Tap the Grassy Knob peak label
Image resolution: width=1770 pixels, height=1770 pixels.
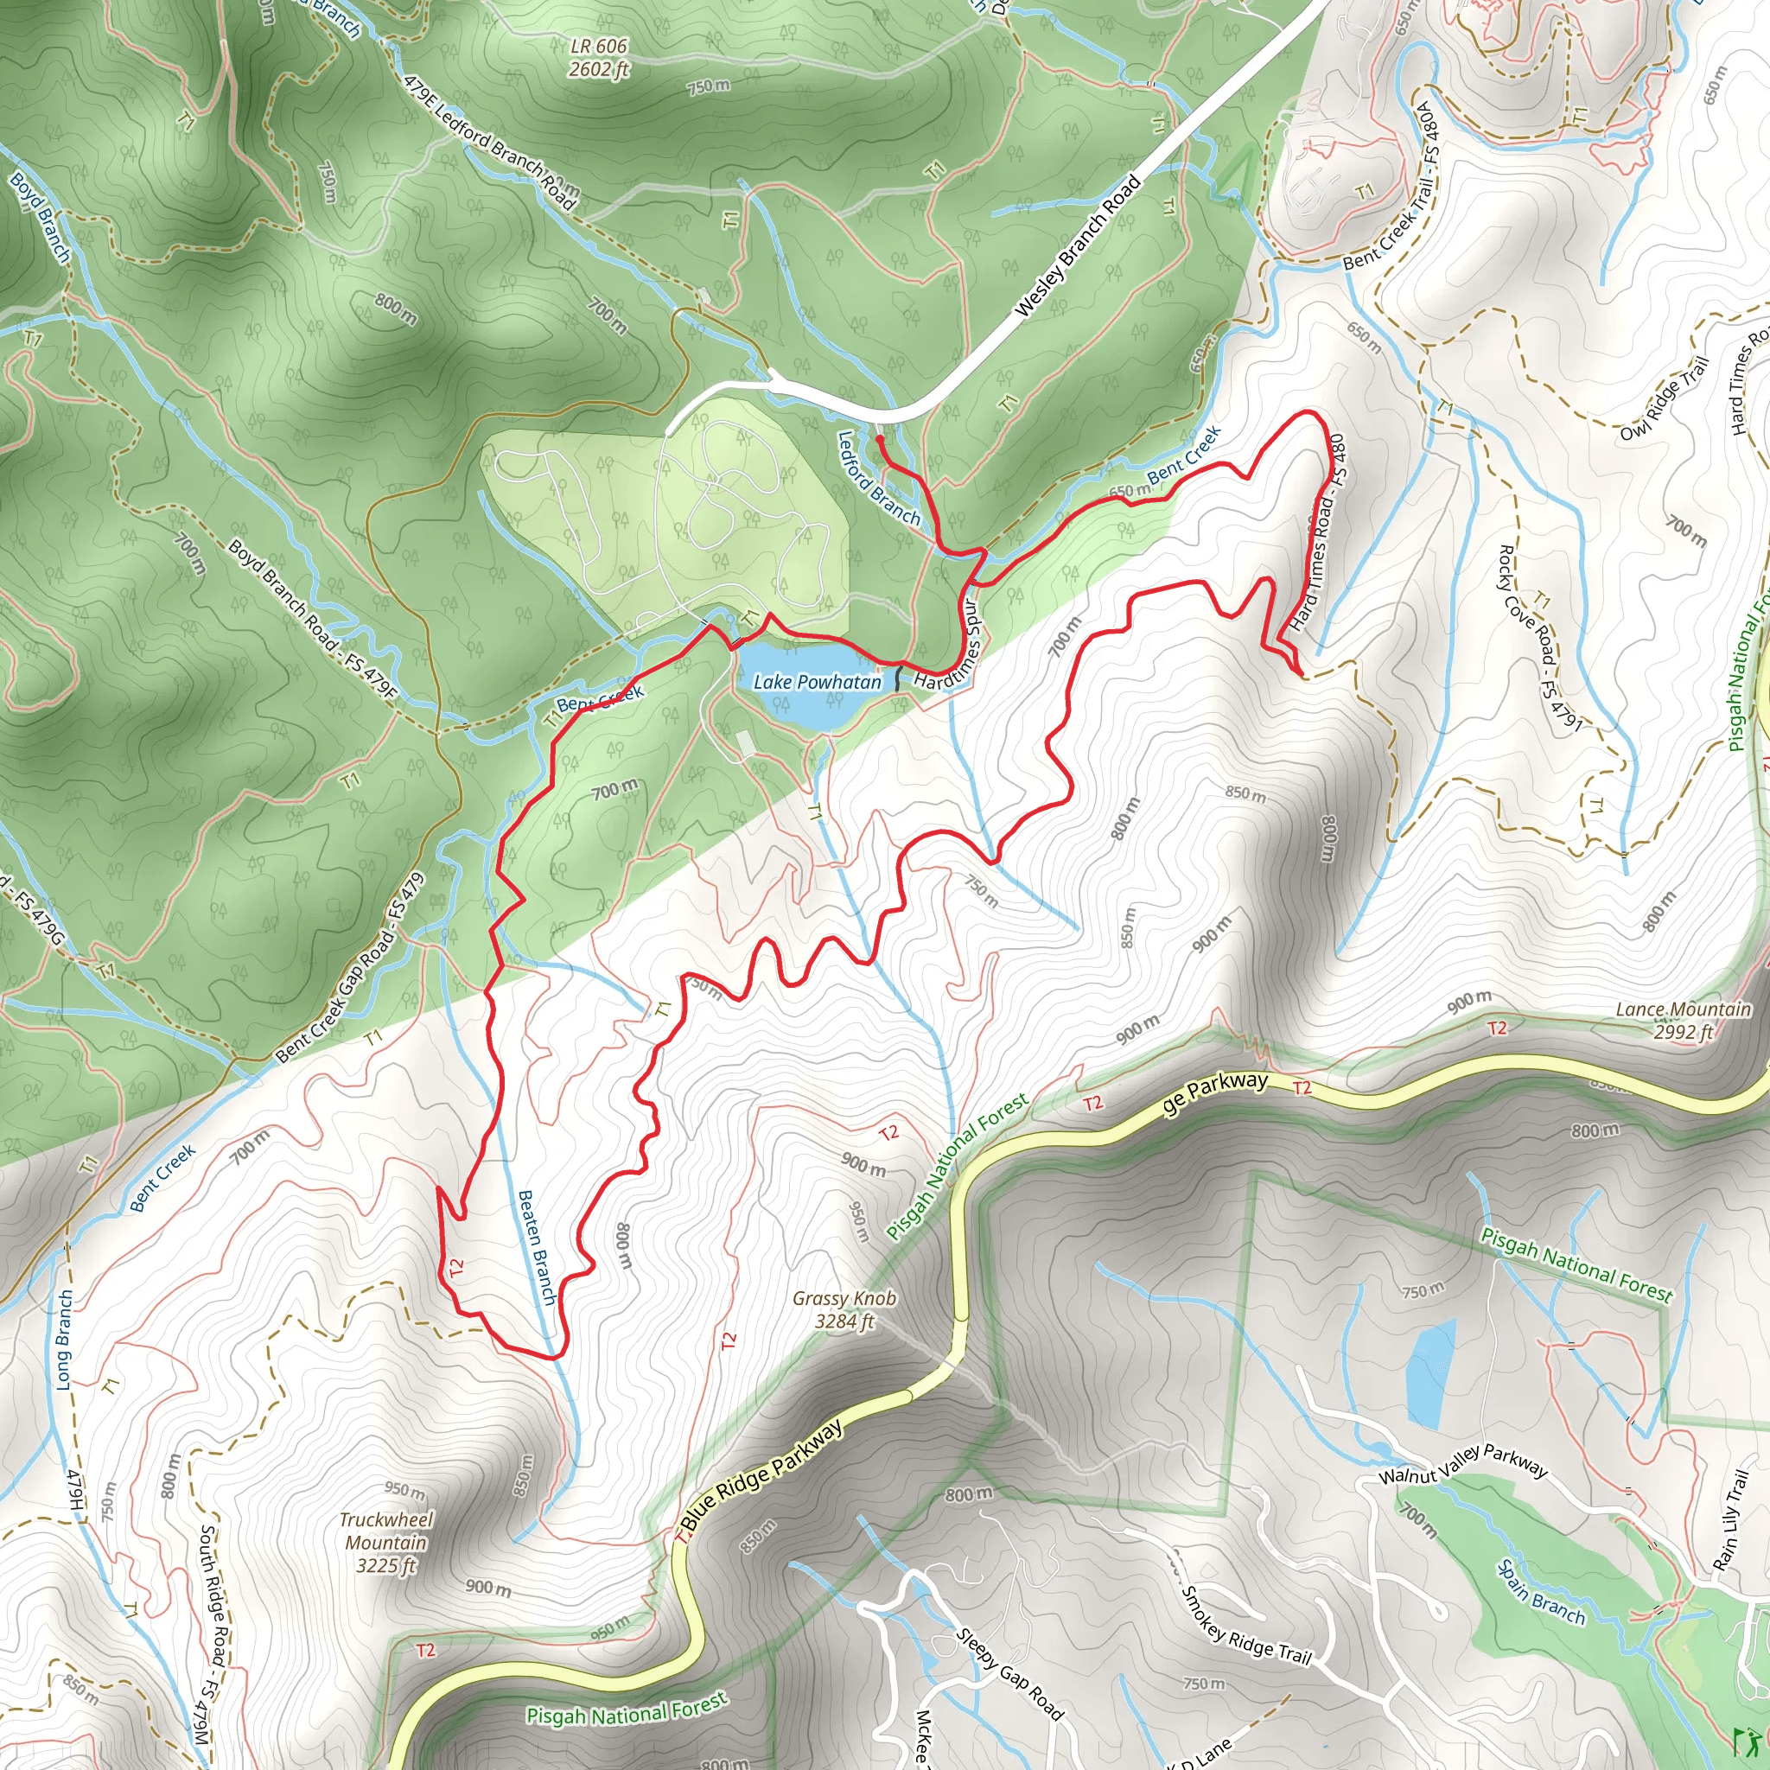(844, 1309)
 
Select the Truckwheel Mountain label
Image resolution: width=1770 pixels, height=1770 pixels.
(385, 1542)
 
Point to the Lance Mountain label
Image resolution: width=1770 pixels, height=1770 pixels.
(1683, 1020)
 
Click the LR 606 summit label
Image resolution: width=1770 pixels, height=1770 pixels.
(599, 57)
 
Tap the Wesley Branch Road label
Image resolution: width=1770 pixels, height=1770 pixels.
(1079, 245)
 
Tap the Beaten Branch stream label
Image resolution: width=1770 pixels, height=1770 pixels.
(537, 1247)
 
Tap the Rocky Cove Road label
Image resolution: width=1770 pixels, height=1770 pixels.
(1539, 638)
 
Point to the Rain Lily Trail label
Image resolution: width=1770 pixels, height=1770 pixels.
(1731, 1521)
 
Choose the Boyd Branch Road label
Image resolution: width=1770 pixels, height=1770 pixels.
(311, 620)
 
